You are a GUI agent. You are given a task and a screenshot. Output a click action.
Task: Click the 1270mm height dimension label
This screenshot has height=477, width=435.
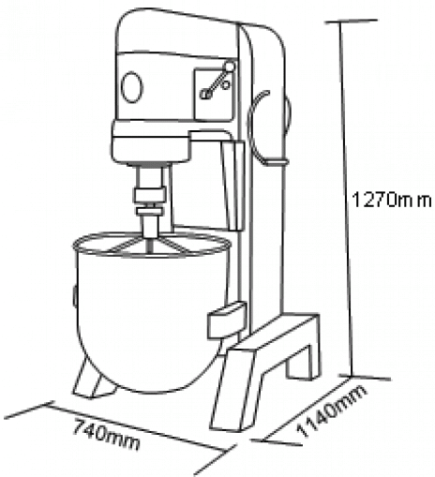coord(392,200)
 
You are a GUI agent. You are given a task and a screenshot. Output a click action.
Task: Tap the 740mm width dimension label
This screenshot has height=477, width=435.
coord(106,435)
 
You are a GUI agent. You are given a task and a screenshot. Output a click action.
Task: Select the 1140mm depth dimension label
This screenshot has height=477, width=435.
coord(332,410)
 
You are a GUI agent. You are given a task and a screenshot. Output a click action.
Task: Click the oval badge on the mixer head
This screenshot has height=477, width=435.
coord(131,87)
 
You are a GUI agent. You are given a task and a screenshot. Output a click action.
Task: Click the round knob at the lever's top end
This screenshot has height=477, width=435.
coord(230,67)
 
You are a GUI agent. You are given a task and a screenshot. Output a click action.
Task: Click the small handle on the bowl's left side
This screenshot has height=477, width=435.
coord(75,295)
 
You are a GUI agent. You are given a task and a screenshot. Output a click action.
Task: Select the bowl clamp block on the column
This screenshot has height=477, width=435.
coord(227,320)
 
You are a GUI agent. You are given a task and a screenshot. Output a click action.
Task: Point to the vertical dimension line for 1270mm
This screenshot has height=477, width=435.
coord(346,199)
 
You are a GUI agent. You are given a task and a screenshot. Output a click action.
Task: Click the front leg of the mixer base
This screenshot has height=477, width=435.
coord(232,391)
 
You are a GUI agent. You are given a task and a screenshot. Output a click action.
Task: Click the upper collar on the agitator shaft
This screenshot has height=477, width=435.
coord(149,194)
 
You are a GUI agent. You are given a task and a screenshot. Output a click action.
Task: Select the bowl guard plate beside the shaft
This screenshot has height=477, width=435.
coord(232,186)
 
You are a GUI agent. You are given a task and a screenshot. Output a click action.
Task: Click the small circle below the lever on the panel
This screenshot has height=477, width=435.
coord(226,84)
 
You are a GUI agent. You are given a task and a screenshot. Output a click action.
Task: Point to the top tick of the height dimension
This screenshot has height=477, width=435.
coord(351,22)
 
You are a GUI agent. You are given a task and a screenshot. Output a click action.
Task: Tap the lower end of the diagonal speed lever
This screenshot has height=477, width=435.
coord(204,94)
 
